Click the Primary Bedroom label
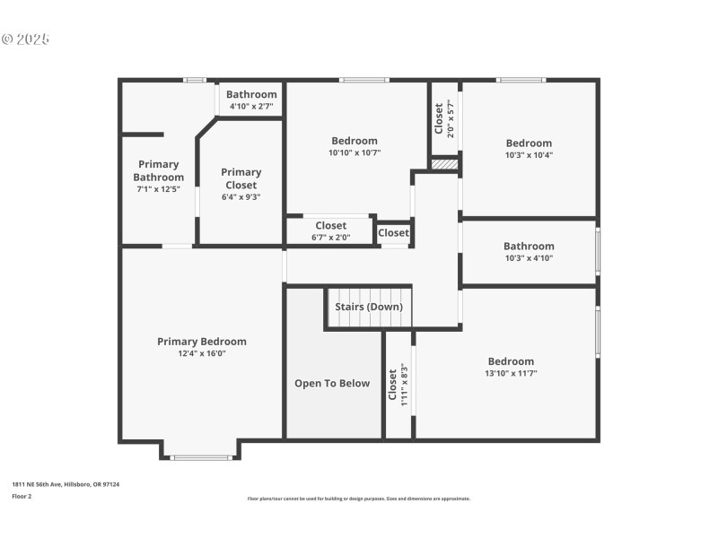click(x=202, y=342)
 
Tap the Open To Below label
click(x=332, y=384)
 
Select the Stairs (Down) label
click(x=369, y=307)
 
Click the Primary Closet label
click(x=241, y=178)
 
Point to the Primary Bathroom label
click(x=158, y=170)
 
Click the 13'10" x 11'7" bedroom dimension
click(x=511, y=374)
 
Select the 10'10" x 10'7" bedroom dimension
click(x=355, y=152)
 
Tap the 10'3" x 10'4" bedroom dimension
click(x=529, y=155)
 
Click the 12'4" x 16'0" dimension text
click(x=202, y=353)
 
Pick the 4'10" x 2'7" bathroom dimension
click(x=251, y=107)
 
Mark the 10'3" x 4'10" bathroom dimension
click(x=529, y=258)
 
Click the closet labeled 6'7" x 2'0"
click(x=330, y=231)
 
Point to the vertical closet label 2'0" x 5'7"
click(x=444, y=118)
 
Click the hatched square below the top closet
click(x=444, y=164)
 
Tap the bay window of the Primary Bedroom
click(x=201, y=457)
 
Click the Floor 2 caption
click(x=22, y=496)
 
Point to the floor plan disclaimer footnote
click(x=358, y=499)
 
